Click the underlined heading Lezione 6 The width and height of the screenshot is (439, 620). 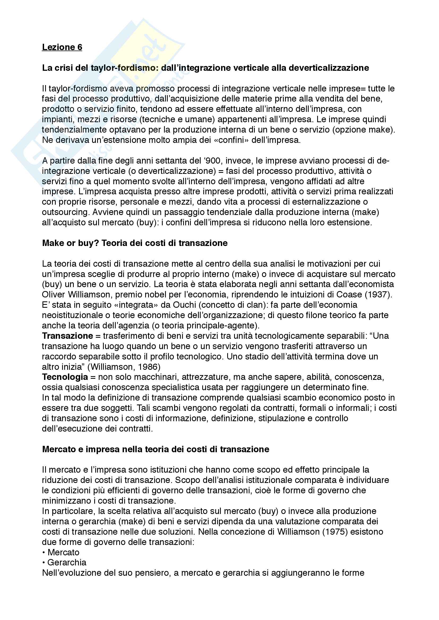click(62, 47)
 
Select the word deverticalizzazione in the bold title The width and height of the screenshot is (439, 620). click(329, 68)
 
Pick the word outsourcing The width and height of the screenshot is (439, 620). click(65, 212)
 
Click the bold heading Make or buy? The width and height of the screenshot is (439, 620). click(71, 243)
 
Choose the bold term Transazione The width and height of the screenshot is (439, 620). click(67, 336)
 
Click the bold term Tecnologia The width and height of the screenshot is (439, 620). click(65, 377)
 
